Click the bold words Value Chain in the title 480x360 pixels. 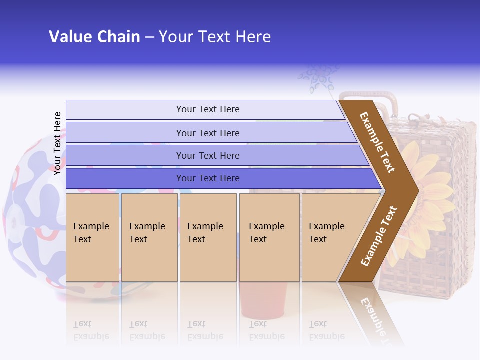tap(94, 37)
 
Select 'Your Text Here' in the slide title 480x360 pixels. tap(215, 37)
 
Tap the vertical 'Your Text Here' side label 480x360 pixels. tap(58, 143)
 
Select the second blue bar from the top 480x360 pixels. tap(208, 133)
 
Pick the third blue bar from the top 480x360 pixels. tap(208, 155)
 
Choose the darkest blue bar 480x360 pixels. tap(208, 178)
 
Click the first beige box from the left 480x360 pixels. tap(92, 237)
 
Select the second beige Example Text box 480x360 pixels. tap(149, 237)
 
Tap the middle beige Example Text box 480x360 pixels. tap(208, 237)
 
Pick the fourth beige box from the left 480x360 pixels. tap(269, 237)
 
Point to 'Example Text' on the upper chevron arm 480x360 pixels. tap(377, 142)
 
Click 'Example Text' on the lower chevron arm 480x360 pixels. tap(379, 236)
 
